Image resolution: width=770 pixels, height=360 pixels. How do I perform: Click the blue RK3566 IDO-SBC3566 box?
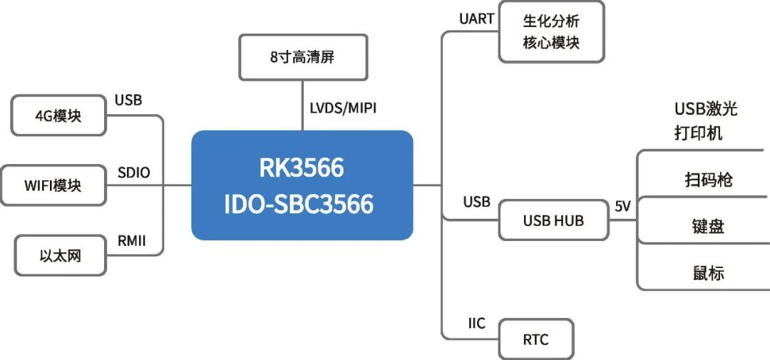302,185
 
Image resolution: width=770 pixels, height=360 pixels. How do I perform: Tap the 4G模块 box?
58,115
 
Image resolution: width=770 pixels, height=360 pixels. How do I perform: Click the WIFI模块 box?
53,185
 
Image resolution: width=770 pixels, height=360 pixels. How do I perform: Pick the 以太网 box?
60,254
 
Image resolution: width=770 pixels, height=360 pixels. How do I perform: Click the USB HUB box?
553,220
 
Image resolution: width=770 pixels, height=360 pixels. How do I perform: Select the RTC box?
535,339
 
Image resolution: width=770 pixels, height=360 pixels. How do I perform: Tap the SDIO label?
133,173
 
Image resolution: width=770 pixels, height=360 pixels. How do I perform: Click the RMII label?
131,241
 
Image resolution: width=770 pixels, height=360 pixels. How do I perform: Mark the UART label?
477,19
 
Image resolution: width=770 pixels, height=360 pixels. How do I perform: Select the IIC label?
476,324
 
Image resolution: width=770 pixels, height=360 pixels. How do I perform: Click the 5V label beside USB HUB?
622,206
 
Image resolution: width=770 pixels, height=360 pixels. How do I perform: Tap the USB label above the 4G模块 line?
128,100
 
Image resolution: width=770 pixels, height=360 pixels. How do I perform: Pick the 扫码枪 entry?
707,180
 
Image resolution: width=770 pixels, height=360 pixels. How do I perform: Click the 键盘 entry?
707,227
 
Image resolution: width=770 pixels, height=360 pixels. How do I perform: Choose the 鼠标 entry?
707,273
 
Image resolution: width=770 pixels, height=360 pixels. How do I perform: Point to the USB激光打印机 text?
705,120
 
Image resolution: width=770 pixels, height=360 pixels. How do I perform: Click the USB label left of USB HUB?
476,202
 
